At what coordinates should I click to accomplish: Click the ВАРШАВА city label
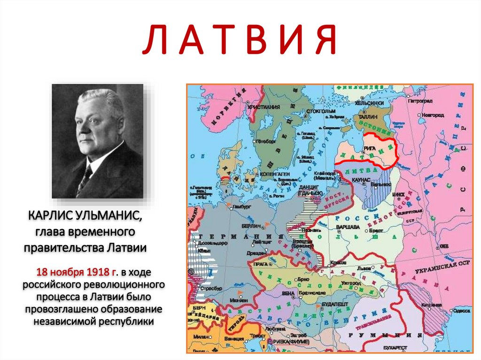(348, 227)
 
